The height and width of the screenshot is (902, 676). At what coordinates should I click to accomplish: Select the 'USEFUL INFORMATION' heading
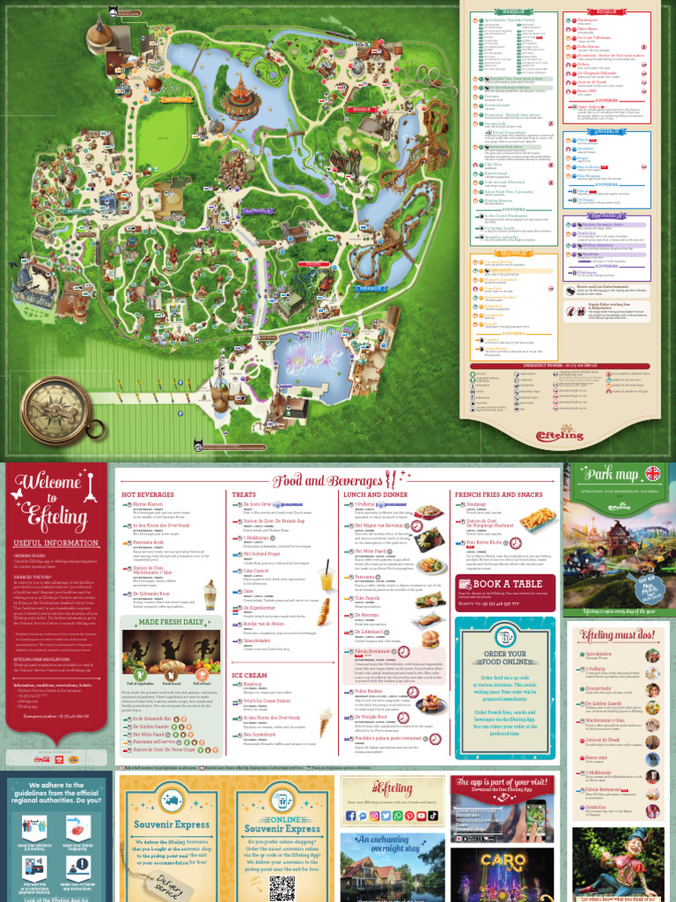tap(45, 543)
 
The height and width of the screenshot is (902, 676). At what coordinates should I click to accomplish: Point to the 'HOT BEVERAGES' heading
tap(148, 495)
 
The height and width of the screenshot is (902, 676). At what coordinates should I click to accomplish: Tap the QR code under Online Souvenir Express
tap(282, 887)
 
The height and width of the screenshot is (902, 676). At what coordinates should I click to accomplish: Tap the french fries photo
tap(537, 520)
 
